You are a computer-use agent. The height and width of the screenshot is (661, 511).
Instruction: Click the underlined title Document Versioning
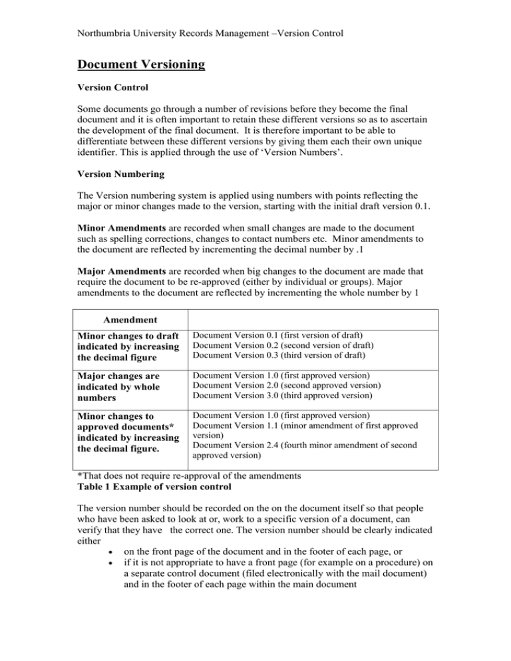(140, 65)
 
